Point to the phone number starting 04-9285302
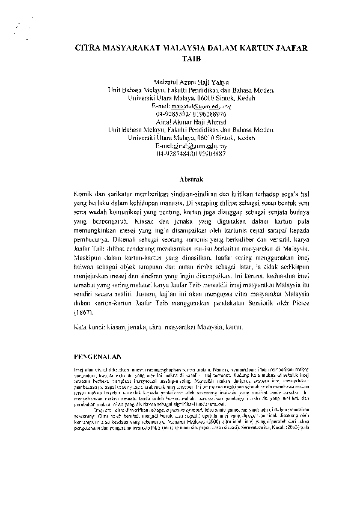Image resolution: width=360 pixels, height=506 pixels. (190, 113)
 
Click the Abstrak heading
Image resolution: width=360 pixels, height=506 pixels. (192, 178)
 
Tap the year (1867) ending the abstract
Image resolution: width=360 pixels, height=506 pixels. (84, 313)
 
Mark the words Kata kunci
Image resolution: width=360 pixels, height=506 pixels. (88, 329)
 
